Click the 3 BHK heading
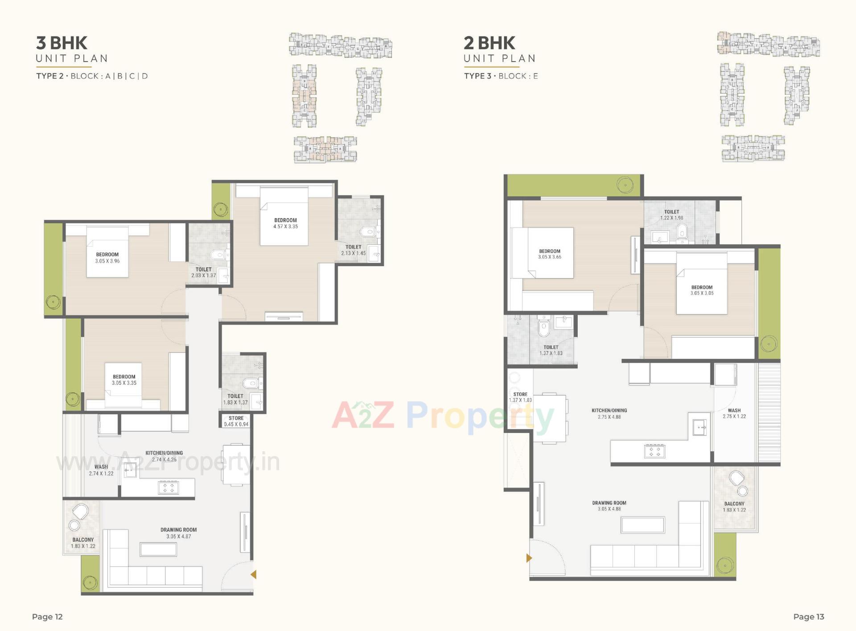point(62,43)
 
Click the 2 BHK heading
point(489,43)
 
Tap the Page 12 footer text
point(47,617)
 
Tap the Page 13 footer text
point(808,617)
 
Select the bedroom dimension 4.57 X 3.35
point(285,227)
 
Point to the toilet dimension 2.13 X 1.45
point(353,253)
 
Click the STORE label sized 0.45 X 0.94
point(236,418)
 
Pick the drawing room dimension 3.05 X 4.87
point(178,536)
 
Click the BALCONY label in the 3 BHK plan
point(83,540)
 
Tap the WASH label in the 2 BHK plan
point(734,410)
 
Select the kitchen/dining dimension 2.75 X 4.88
point(609,417)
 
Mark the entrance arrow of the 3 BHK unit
point(254,575)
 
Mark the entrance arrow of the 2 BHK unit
point(529,558)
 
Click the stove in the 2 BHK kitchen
point(654,451)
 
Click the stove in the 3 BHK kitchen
point(169,487)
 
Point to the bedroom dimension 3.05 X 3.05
point(702,293)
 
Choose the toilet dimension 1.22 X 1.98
point(671,218)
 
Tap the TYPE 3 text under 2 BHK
point(477,76)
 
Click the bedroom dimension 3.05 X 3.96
point(107,261)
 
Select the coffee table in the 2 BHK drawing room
point(642,525)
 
